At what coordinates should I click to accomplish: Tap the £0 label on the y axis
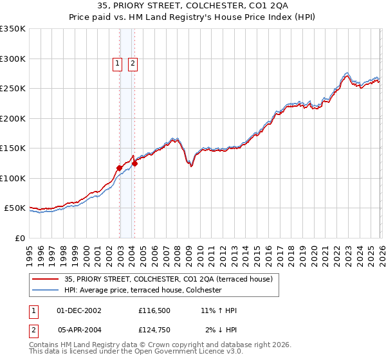[x=20, y=238]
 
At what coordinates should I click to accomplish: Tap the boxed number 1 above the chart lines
[x=118, y=63]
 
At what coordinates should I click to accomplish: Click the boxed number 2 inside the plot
[x=133, y=63]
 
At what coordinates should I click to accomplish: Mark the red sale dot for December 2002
[x=119, y=168]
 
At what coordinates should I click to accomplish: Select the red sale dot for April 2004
[x=134, y=163]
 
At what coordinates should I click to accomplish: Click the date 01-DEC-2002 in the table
[x=79, y=310]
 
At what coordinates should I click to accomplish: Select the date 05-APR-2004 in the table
[x=79, y=330]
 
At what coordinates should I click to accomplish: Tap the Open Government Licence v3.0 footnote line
[x=136, y=352]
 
